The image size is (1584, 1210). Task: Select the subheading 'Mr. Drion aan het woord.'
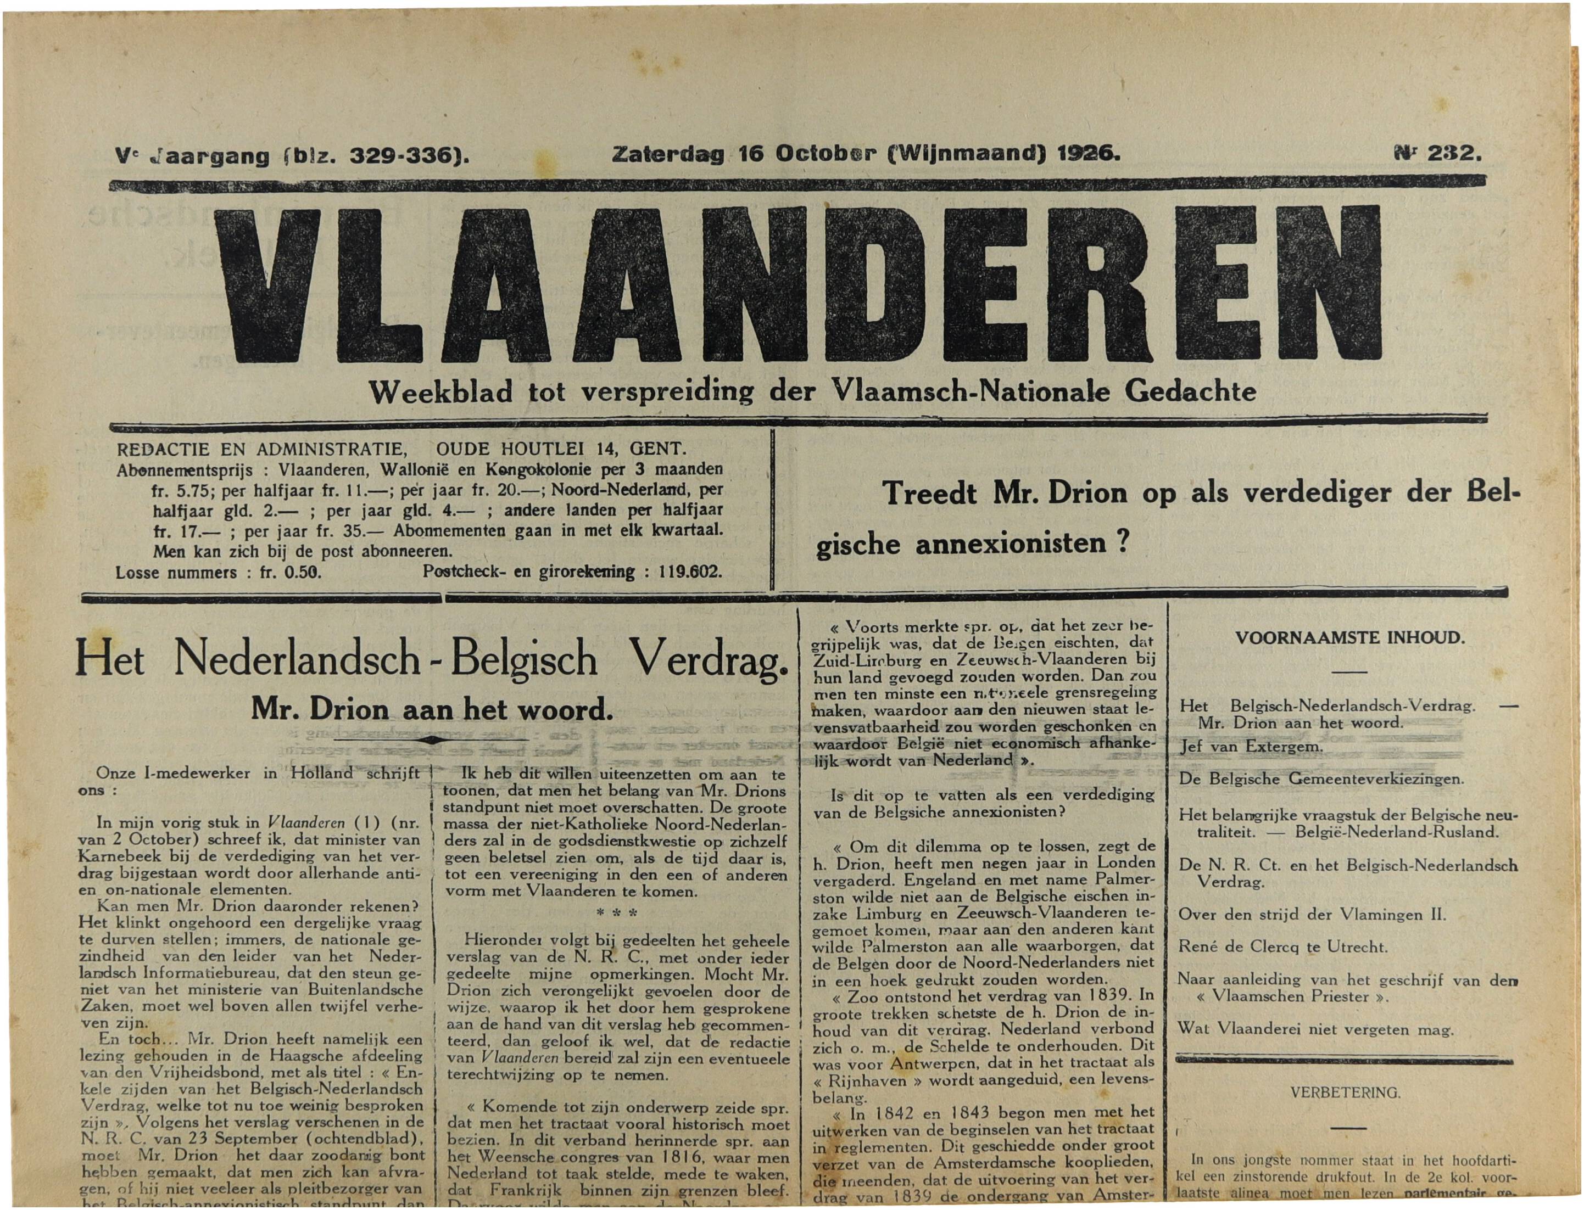coord(432,710)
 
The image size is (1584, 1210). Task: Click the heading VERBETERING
coord(1345,1093)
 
